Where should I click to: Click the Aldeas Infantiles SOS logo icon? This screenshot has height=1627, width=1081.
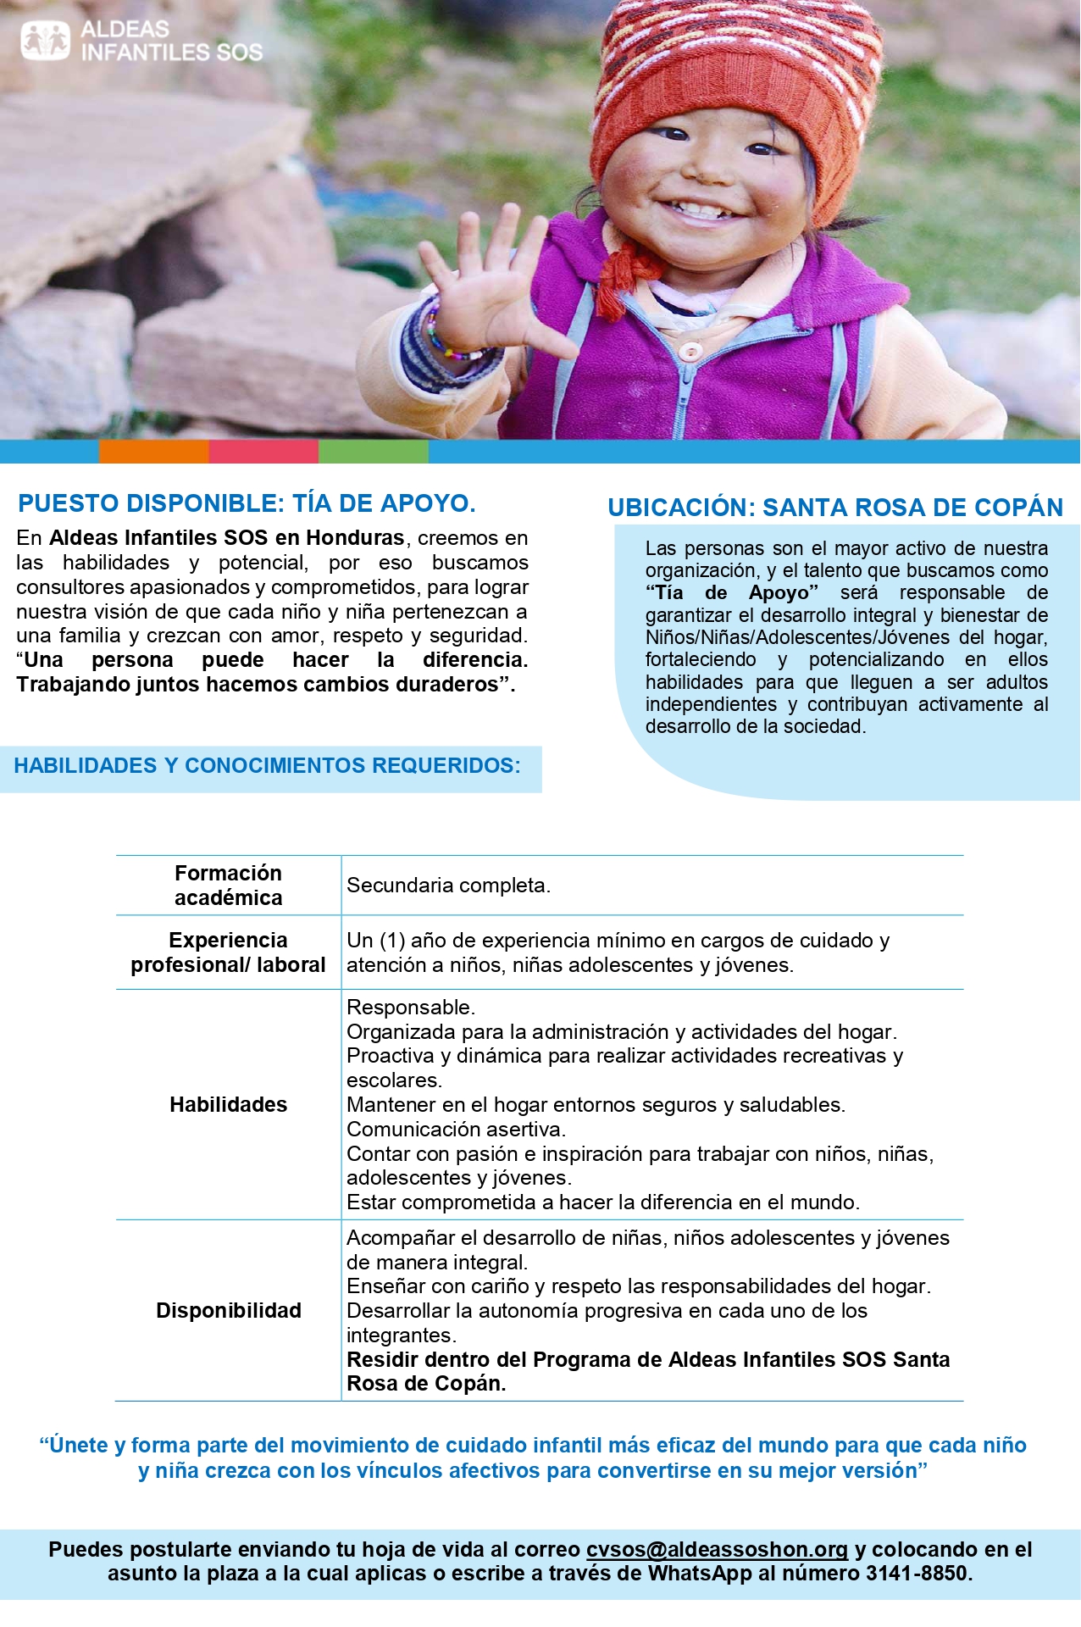[x=45, y=40]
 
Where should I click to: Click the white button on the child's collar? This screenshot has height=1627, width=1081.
[x=691, y=351]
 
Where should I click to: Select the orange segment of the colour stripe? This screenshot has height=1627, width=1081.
[x=153, y=452]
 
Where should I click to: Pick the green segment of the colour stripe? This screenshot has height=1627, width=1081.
[x=373, y=452]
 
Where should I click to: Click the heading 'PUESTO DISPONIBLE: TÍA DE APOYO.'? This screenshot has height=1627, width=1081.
[x=247, y=503]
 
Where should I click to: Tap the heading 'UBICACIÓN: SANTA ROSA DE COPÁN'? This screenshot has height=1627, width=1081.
[x=834, y=508]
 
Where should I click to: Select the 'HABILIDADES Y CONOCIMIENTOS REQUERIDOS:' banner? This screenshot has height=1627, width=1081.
[x=267, y=766]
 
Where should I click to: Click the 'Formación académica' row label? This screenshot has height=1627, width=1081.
[x=228, y=886]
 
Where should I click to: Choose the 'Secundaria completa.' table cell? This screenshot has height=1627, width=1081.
[x=448, y=886]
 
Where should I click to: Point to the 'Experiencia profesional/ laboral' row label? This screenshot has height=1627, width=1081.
[x=228, y=952]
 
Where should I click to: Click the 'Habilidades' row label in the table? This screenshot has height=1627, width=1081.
[x=228, y=1104]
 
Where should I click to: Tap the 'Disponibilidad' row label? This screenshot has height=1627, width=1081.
[x=228, y=1310]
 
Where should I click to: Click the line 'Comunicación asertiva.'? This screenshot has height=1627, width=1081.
[x=456, y=1129]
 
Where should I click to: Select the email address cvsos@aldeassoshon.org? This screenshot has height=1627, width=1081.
[x=717, y=1550]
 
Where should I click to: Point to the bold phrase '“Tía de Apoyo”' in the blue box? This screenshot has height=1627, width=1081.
[x=732, y=592]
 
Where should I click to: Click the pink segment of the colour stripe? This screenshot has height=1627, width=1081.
[x=263, y=452]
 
